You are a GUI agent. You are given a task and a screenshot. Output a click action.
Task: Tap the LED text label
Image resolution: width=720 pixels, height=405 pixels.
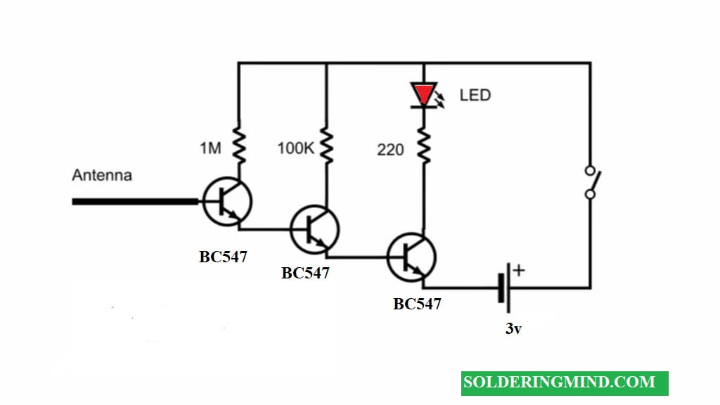click(x=475, y=95)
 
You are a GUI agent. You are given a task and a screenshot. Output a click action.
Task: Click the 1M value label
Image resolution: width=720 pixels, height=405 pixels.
click(x=210, y=148)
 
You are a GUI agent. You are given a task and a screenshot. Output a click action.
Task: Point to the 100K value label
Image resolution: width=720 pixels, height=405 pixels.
click(x=296, y=148)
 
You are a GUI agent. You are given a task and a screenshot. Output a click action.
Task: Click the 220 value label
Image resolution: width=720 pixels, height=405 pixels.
click(x=390, y=150)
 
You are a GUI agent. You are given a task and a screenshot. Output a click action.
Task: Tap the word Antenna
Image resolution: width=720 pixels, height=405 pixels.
click(x=102, y=175)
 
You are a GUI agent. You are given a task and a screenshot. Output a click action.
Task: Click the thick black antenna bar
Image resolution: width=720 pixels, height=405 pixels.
click(x=135, y=202)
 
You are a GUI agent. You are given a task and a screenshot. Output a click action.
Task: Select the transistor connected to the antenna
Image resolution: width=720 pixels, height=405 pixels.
click(x=227, y=202)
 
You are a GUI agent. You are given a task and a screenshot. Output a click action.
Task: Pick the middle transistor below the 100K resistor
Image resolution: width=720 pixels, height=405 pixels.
click(x=315, y=230)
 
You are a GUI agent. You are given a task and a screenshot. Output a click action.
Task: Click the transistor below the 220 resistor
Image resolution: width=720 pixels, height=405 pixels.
click(x=411, y=257)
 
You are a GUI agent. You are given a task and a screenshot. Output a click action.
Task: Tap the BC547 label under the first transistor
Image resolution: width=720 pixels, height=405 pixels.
click(x=223, y=257)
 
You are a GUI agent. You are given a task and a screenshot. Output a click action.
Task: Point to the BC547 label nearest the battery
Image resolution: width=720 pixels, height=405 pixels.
click(x=417, y=304)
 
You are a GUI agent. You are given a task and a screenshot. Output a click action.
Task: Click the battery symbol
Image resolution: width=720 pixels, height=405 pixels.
click(x=505, y=288)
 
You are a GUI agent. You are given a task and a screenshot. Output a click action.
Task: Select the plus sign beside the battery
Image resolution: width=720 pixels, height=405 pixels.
click(x=519, y=270)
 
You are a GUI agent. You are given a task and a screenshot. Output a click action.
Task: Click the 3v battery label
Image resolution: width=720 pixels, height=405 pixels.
click(x=513, y=329)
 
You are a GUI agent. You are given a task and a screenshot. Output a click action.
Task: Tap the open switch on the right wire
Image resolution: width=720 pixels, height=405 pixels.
click(x=592, y=183)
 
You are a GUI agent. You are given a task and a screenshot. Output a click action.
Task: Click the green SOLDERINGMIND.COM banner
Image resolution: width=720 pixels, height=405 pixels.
click(x=565, y=383)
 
